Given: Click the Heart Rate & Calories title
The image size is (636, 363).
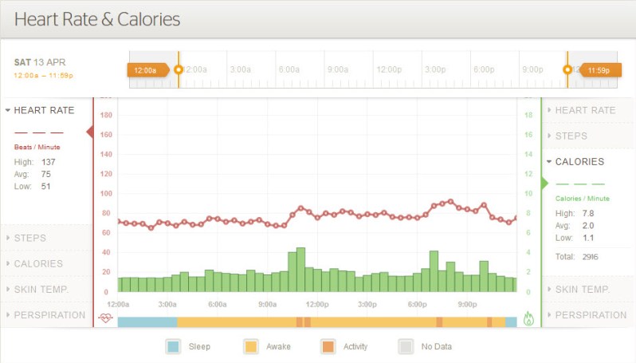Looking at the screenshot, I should click(x=97, y=18).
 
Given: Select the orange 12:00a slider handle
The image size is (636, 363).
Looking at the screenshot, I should click(x=147, y=70).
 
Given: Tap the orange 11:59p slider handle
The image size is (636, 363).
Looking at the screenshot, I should click(x=599, y=70).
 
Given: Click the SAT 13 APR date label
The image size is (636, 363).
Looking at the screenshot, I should click(x=40, y=62).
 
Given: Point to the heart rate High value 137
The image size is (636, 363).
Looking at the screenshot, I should click(x=49, y=162).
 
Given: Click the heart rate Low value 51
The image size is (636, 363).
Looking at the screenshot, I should click(x=46, y=186).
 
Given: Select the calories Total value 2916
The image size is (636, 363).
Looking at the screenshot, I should click(x=590, y=256).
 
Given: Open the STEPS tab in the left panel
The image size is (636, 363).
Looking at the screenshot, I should click(x=30, y=238).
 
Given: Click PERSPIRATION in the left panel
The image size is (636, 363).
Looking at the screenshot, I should click(x=49, y=314).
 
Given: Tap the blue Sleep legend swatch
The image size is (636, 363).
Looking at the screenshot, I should click(x=173, y=346).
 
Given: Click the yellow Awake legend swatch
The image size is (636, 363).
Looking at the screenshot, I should click(x=250, y=346).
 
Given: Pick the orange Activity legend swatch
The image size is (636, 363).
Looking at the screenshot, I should click(x=328, y=346).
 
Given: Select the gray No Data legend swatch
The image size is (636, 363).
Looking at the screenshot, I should click(x=406, y=346).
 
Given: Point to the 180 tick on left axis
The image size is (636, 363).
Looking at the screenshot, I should click(x=106, y=115).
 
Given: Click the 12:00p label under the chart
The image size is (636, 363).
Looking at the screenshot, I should click(x=317, y=304).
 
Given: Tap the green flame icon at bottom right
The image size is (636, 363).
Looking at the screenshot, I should click(x=528, y=318).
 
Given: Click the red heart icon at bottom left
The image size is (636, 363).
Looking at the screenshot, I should click(x=105, y=318).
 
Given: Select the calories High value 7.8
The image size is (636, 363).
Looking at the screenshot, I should click(x=588, y=213).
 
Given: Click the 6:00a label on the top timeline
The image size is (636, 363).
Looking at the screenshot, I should click(x=289, y=69).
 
